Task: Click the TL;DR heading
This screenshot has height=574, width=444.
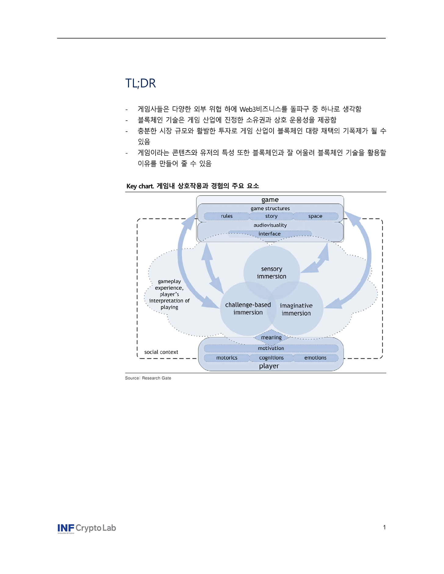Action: pyautogui.click(x=141, y=83)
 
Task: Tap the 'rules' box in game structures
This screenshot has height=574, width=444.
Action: pyautogui.click(x=227, y=216)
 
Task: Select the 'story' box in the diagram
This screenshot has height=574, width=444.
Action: pyautogui.click(x=271, y=216)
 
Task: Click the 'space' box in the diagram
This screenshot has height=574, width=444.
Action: pyautogui.click(x=315, y=216)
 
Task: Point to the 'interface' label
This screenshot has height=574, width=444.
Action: pyautogui.click(x=270, y=234)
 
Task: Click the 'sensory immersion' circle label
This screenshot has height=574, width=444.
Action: pyautogui.click(x=271, y=273)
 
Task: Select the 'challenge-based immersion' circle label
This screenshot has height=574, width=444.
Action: pyautogui.click(x=248, y=309)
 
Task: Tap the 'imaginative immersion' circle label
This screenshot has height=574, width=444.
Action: pyautogui.click(x=296, y=309)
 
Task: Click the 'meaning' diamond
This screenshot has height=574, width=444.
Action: pyautogui.click(x=271, y=338)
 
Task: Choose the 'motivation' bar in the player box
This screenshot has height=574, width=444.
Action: pyautogui.click(x=271, y=348)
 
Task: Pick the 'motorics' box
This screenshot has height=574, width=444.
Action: pyautogui.click(x=227, y=358)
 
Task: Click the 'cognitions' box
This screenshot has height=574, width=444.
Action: pyautogui.click(x=271, y=358)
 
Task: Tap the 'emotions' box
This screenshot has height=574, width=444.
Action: pyautogui.click(x=315, y=358)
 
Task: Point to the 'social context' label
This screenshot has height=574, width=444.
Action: pyautogui.click(x=161, y=352)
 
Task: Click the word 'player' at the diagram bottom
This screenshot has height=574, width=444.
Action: pyautogui.click(x=269, y=366)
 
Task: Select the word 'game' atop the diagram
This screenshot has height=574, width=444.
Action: pyautogui.click(x=270, y=200)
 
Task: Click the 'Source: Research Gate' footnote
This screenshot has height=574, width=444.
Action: pyautogui.click(x=148, y=378)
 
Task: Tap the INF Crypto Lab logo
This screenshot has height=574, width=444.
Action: pyautogui.click(x=87, y=528)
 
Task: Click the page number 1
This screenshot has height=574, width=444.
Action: pyautogui.click(x=384, y=527)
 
